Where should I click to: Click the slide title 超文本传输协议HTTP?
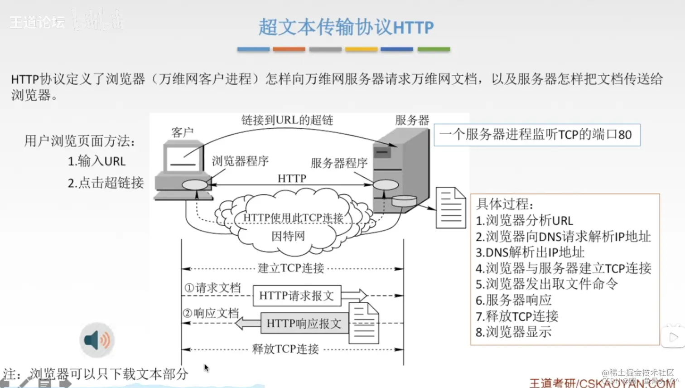click(x=346, y=27)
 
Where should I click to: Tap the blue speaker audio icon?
click(x=97, y=340)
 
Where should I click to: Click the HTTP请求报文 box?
click(x=297, y=296)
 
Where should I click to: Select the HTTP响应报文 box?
click(x=304, y=324)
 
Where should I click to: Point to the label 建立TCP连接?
click(x=291, y=268)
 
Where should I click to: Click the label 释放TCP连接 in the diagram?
click(x=285, y=349)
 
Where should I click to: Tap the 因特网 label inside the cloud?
click(x=288, y=236)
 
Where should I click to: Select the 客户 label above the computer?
click(x=183, y=132)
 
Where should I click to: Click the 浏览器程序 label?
click(x=240, y=161)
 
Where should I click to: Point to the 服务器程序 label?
click(x=339, y=163)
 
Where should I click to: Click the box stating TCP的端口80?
click(x=537, y=135)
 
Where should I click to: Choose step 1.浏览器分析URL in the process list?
click(x=524, y=221)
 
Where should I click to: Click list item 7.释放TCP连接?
click(x=517, y=316)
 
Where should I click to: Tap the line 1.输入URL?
click(x=96, y=161)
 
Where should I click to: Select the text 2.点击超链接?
click(x=106, y=183)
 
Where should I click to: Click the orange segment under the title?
click(x=289, y=49)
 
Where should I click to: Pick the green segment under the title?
click(x=434, y=49)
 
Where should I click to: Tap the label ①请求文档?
click(x=212, y=288)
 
